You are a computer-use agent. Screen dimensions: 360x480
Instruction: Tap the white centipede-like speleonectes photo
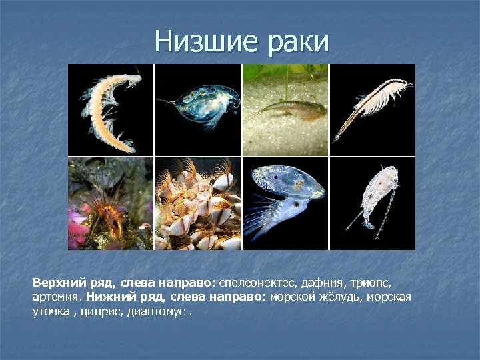111,109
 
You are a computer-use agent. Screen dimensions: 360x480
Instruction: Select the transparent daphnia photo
198,109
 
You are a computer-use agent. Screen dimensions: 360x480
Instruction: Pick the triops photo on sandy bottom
285,109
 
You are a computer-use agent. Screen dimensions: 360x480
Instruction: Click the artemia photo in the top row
373,109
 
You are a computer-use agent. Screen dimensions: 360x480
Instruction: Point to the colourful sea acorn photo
111,203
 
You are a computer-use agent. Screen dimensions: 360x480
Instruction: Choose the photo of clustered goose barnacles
198,203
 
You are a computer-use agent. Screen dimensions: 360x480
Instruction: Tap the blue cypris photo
285,203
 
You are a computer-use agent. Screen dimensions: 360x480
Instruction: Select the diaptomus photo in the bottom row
373,203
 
